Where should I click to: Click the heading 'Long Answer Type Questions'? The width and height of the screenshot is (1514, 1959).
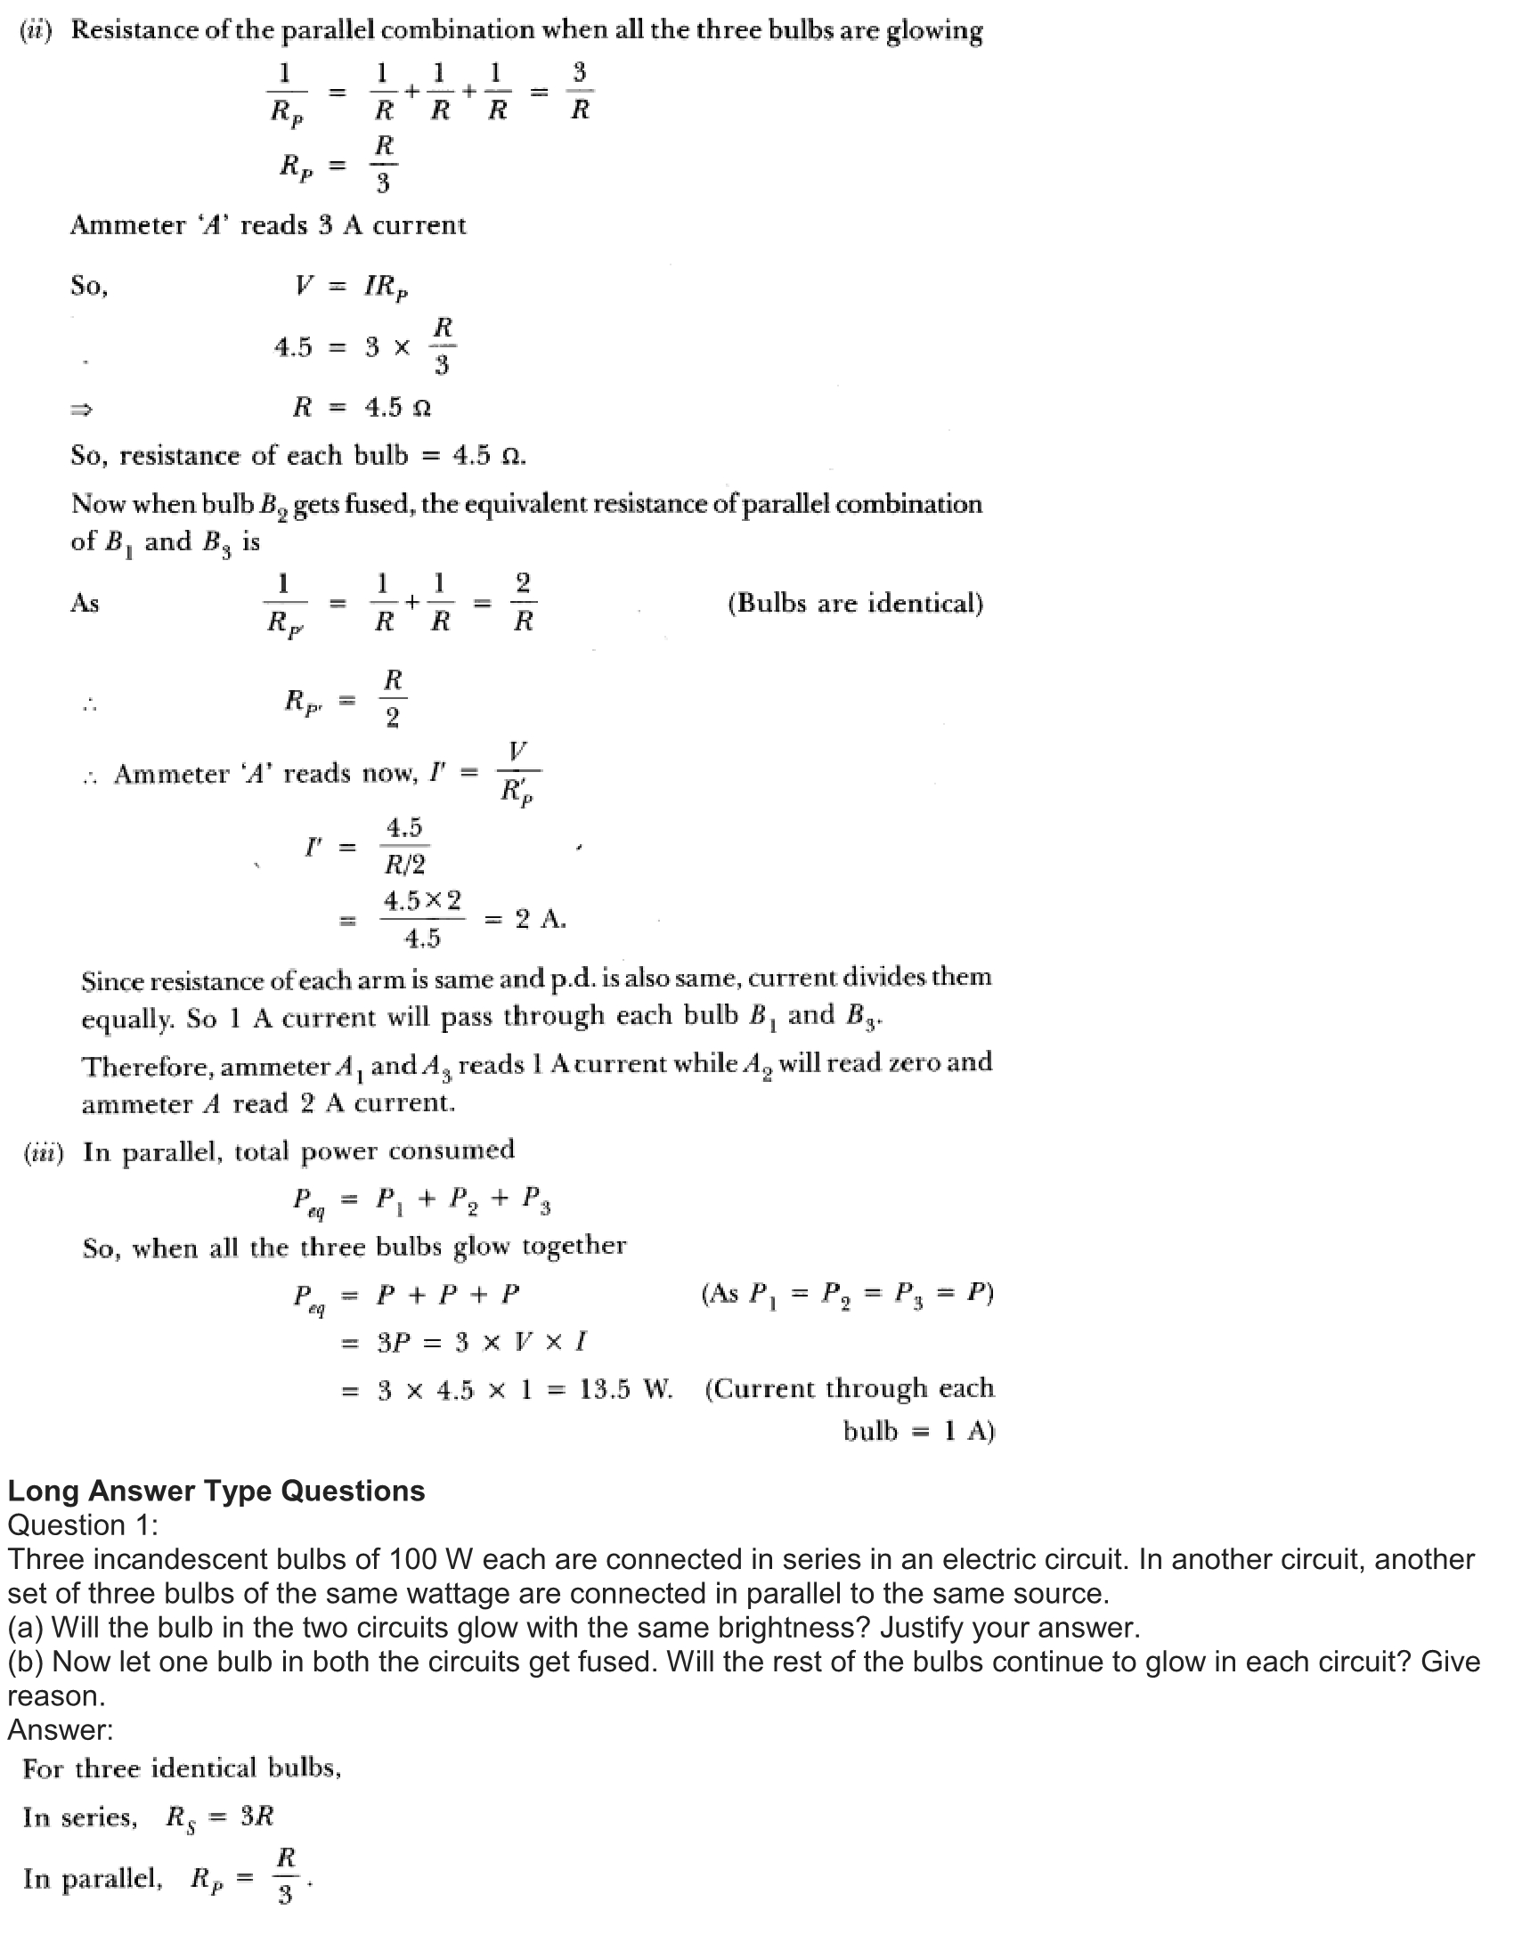[216, 1491]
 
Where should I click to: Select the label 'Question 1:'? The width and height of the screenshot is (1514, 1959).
[83, 1524]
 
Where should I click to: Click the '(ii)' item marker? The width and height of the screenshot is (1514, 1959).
[37, 30]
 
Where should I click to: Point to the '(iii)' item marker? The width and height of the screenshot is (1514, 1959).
[43, 1151]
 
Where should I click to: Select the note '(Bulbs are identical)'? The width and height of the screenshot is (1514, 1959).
[855, 603]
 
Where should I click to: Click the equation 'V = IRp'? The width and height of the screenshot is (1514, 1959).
[352, 286]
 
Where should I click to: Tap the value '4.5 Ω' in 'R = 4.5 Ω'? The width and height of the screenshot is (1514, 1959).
[397, 408]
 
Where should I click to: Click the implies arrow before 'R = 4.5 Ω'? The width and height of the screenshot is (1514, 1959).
[82, 410]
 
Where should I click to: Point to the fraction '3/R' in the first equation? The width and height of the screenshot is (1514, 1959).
[580, 91]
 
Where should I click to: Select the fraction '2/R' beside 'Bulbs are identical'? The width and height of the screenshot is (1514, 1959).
[524, 602]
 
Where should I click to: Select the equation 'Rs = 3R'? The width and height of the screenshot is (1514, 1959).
[220, 1817]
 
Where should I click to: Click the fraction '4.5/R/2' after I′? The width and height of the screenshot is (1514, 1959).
[404, 846]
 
